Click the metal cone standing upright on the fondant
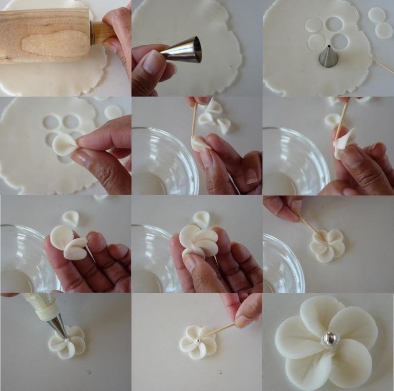328,57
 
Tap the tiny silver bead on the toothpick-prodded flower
198,340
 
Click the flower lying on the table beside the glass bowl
327,246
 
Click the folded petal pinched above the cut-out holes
65,144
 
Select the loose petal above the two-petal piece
71,218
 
